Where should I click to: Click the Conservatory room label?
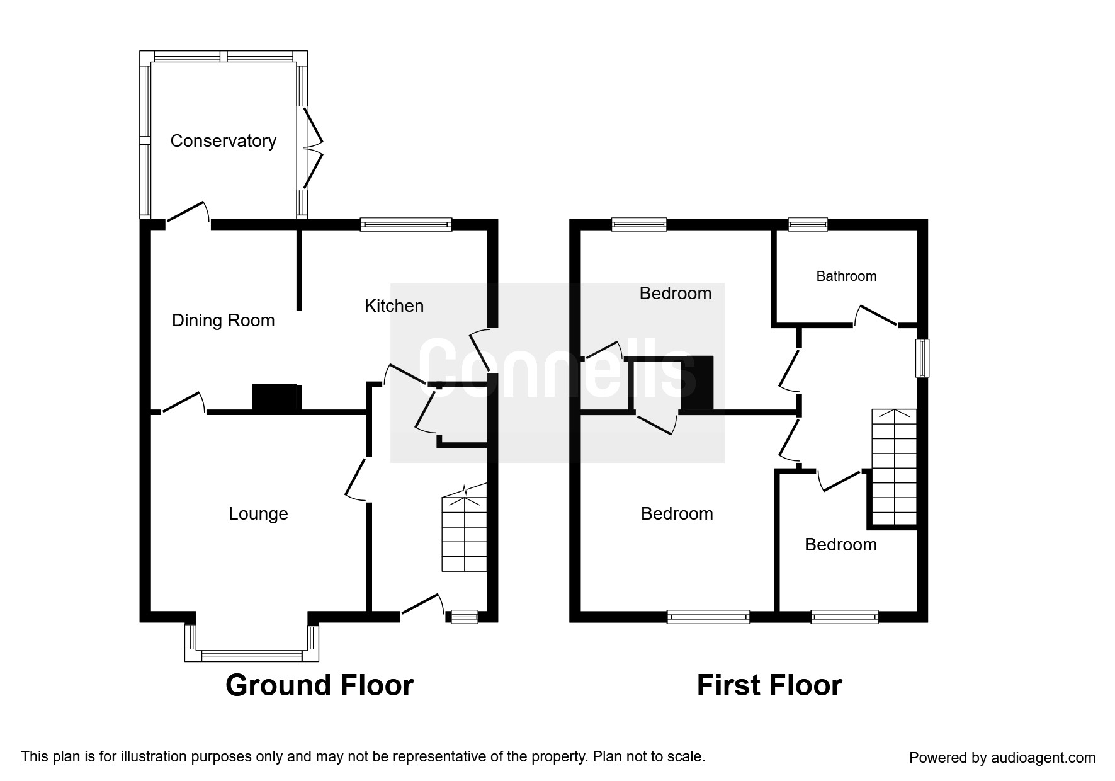tap(223, 140)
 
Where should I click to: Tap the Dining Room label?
tap(223, 321)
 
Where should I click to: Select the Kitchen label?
tap(394, 306)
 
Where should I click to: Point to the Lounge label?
tap(258, 514)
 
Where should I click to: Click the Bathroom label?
tap(846, 276)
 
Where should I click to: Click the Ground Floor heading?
tap(319, 685)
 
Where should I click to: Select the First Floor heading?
tap(769, 685)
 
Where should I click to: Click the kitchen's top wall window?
tap(406, 224)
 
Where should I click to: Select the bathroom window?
tap(808, 224)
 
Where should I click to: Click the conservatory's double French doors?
tap(313, 149)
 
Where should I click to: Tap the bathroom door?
tap(876, 315)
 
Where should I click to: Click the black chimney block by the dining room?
tap(276, 397)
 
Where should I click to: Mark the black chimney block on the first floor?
tap(698, 384)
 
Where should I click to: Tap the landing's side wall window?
tap(922, 358)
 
